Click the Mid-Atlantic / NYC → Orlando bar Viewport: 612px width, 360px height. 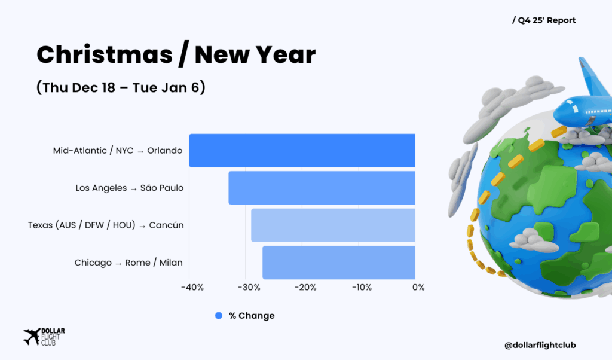[x=302, y=150]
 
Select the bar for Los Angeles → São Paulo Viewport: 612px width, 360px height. [x=322, y=188]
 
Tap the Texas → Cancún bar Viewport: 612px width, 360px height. [x=333, y=225]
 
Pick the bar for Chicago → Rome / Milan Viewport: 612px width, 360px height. [x=339, y=263]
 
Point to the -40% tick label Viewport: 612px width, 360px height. [x=192, y=288]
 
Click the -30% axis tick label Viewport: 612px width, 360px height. [x=249, y=288]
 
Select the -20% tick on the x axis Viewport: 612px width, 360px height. [x=305, y=288]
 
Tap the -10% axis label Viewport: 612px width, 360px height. [x=362, y=288]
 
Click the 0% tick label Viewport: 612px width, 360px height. [x=418, y=288]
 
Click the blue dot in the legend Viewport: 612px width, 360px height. [x=219, y=316]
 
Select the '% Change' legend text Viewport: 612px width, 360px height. [x=252, y=316]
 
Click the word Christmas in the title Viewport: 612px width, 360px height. [x=105, y=54]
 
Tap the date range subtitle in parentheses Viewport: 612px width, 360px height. [x=121, y=87]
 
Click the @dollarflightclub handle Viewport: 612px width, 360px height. [x=540, y=345]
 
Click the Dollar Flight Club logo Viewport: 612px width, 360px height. [x=44, y=337]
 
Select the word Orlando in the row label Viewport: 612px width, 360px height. [x=165, y=151]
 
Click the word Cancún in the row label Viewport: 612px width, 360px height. [x=166, y=225]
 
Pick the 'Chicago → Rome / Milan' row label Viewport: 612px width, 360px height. [x=128, y=263]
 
